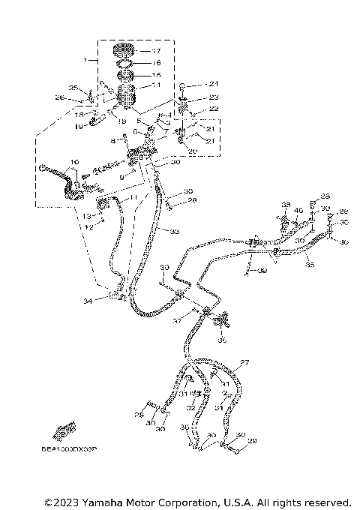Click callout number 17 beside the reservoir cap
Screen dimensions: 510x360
pos(156,51)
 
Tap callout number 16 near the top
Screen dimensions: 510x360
pos(156,64)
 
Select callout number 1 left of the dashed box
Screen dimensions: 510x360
pos(87,59)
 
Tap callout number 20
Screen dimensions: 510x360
pos(192,151)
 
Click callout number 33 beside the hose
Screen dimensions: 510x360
pos(174,232)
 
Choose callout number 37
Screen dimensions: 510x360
pos(176,320)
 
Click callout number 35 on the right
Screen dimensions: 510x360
pos(310,264)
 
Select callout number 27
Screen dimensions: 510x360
pos(244,363)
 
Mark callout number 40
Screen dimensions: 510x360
pos(298,211)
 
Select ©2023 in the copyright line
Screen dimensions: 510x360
pos(63,502)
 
